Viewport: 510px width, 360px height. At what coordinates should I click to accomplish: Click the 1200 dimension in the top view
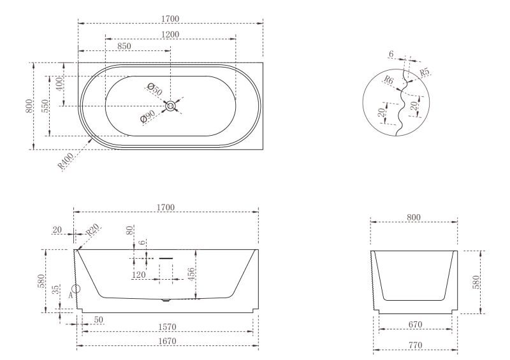pos(170,34)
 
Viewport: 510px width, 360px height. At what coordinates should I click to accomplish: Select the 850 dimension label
pos(125,46)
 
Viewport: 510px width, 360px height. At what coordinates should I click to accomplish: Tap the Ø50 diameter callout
pos(154,89)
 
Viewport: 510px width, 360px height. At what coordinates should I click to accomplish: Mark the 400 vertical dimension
pos(59,83)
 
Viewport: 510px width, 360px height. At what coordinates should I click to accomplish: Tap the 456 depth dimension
pos(191,275)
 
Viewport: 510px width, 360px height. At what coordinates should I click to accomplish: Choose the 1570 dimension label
pos(166,328)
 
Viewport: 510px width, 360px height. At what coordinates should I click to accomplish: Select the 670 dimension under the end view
pos(415,325)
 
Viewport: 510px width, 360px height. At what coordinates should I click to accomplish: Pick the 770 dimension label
pos(415,346)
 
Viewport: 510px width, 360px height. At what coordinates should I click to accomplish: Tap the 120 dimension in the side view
pos(141,275)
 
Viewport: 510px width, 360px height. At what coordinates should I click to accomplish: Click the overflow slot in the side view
pos(166,258)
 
